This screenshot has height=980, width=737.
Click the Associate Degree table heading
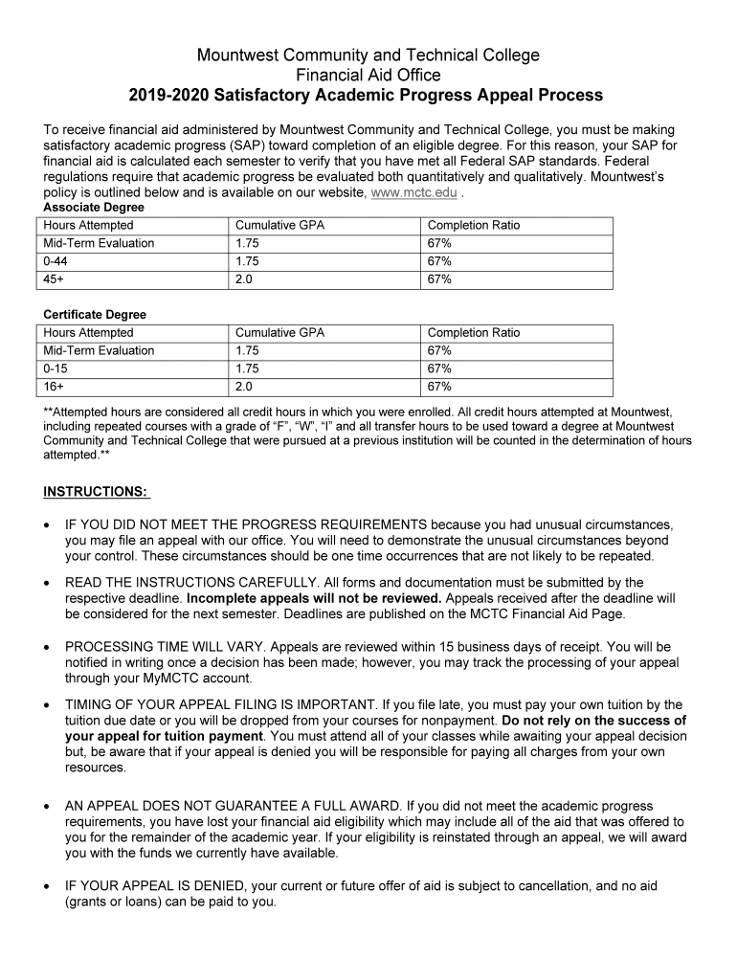pyautogui.click(x=94, y=207)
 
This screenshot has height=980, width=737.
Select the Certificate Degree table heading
pyautogui.click(x=95, y=314)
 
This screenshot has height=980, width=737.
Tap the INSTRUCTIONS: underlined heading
pyautogui.click(x=96, y=492)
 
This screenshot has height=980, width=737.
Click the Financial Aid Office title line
pyautogui.click(x=368, y=75)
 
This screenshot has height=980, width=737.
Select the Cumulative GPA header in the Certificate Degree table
pyautogui.click(x=279, y=332)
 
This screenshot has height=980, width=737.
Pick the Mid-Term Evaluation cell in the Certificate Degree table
pyautogui.click(x=99, y=350)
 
